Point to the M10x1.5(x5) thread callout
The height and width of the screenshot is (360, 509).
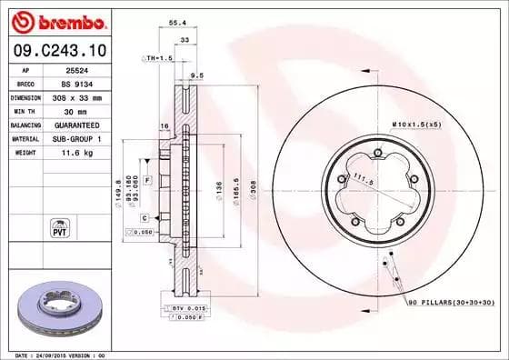pyautogui.click(x=416, y=123)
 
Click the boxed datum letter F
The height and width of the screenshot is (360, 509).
pyautogui.click(x=145, y=182)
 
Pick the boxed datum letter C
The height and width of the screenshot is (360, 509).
pyautogui.click(x=145, y=218)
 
